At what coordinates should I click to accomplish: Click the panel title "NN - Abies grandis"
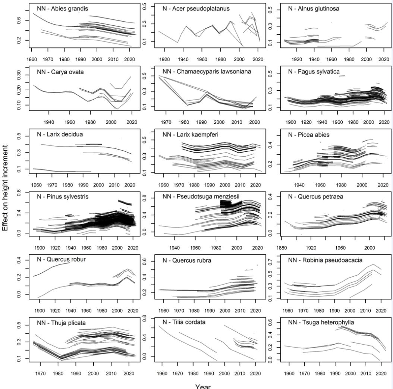click(62, 9)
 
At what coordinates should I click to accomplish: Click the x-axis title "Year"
click(203, 386)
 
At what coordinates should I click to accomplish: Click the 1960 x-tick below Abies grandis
click(31, 59)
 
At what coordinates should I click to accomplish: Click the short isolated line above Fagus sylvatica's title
click(342, 76)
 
